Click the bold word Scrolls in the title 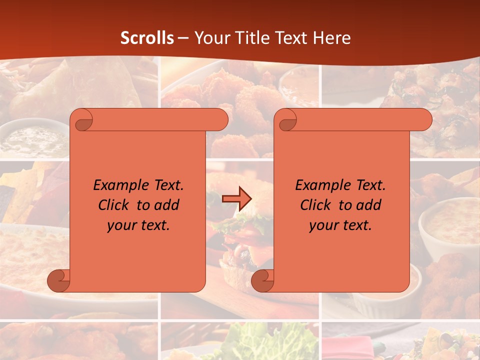pos(147,38)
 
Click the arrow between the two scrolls pos(237,199)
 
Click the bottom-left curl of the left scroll pos(58,280)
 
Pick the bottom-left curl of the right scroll pos(262,280)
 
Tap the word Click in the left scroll pos(115,205)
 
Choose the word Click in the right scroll pos(317,205)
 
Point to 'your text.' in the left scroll pos(138,225)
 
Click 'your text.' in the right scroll pos(340,225)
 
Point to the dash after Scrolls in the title pos(183,38)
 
